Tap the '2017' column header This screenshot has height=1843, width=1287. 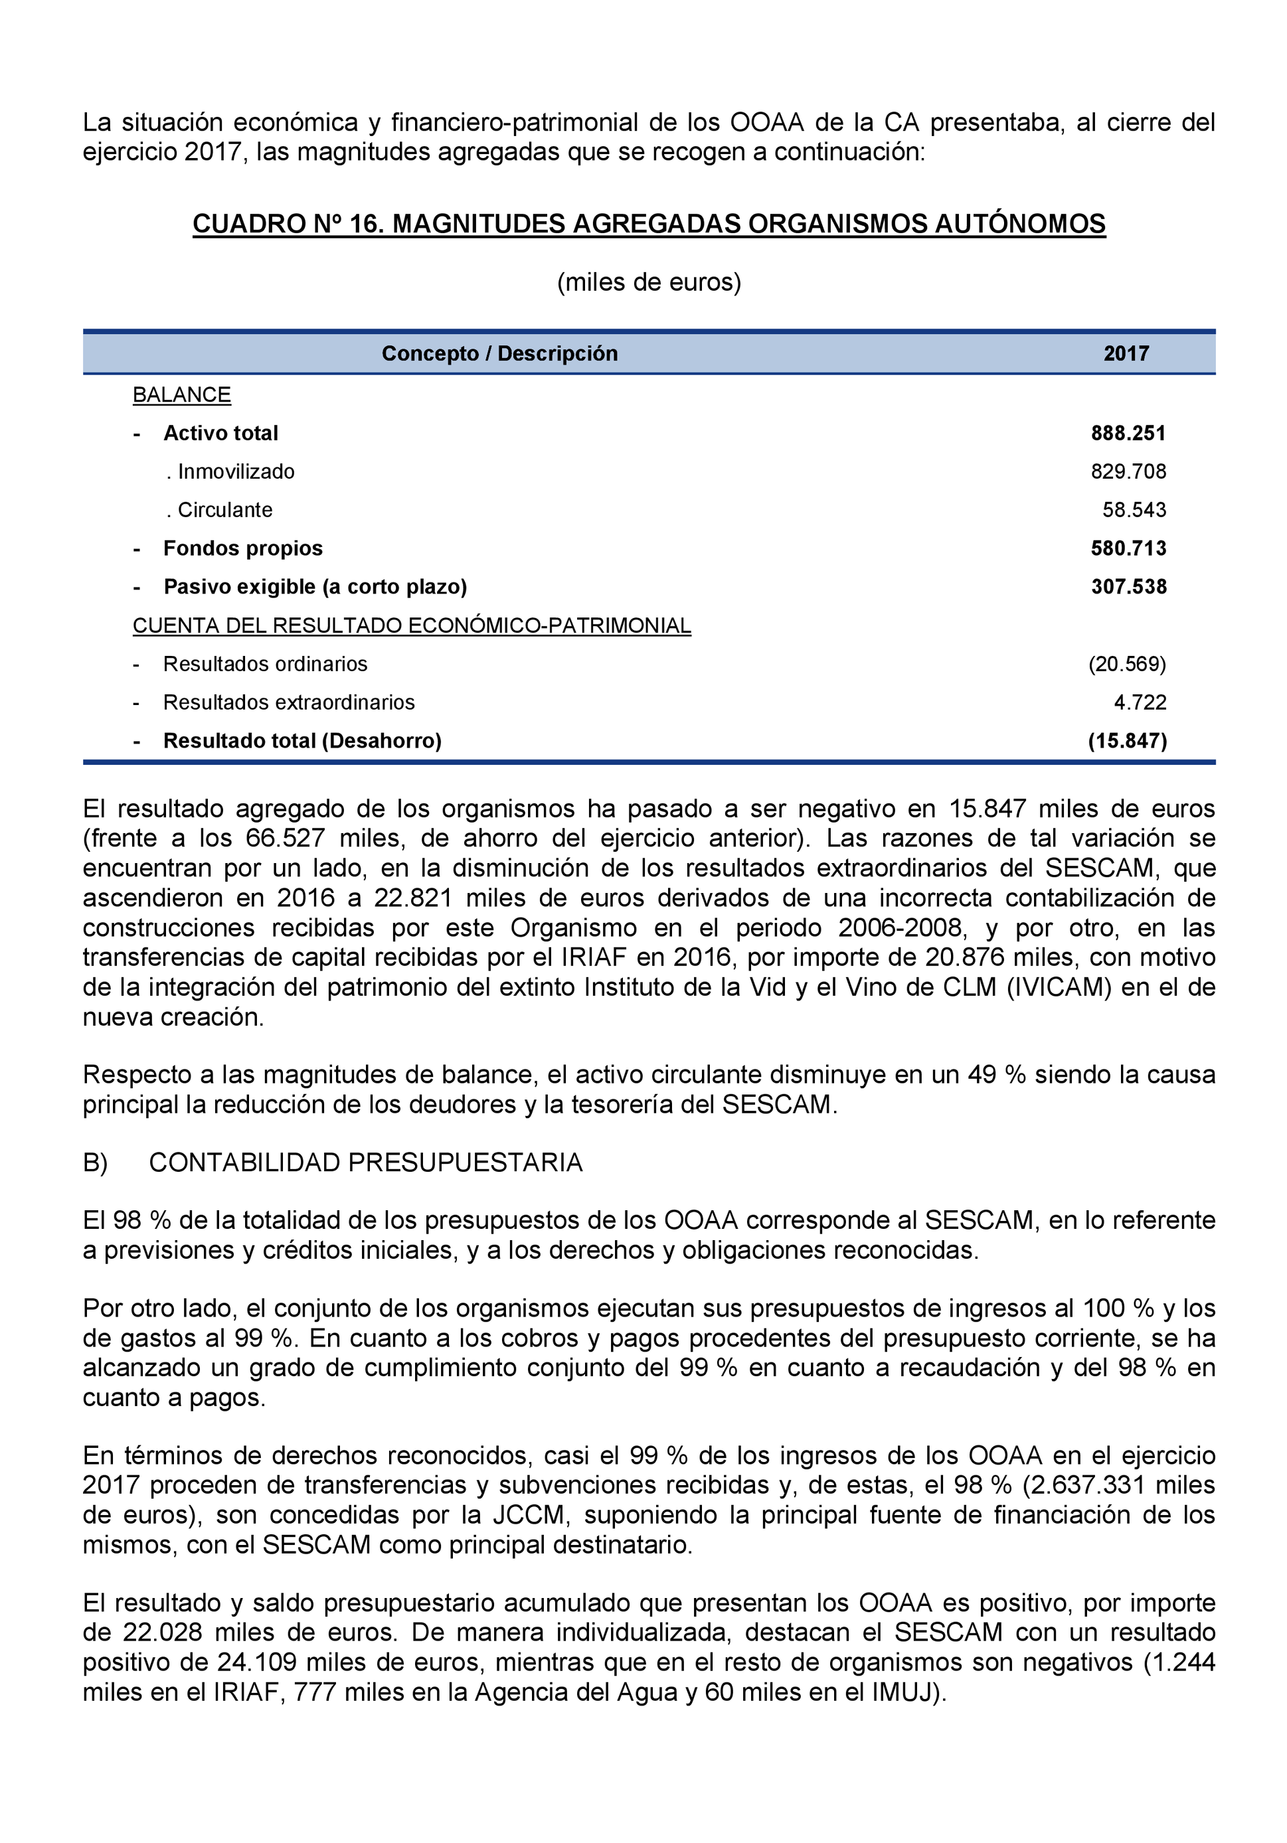1126,353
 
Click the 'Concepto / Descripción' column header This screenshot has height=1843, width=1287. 499,353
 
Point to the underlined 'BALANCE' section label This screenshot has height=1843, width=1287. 181,395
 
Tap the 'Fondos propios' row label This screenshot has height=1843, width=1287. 242,548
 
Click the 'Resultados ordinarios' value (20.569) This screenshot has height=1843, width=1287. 1126,664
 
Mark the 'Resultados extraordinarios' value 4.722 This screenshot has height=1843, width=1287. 1140,702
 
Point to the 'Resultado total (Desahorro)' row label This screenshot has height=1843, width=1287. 302,741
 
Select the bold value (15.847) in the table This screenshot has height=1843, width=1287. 1126,741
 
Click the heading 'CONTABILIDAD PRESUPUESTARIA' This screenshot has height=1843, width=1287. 365,1162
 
